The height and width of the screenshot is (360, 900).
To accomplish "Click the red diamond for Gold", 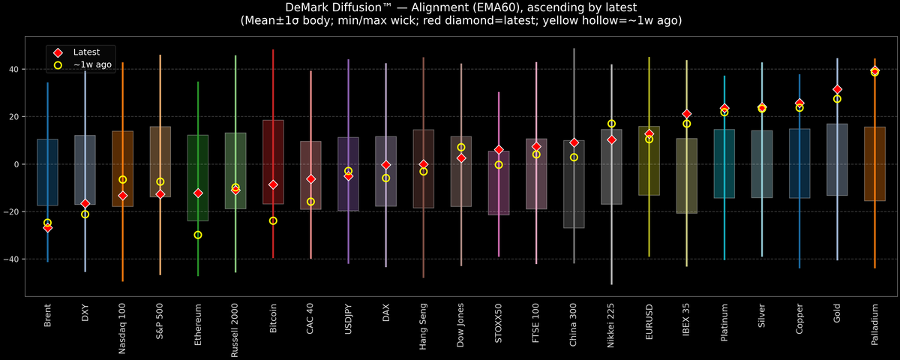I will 837,90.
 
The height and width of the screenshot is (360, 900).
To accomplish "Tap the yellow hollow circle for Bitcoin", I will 273,220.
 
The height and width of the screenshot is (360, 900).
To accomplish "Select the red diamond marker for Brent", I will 47,227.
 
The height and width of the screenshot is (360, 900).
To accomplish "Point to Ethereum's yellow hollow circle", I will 198,235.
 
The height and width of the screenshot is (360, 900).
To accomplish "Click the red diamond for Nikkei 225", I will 611,139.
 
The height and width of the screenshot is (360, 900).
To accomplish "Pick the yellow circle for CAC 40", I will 310,202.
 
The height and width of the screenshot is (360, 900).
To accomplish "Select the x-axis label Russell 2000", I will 235,328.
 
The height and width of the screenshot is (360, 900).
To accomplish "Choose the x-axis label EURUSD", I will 649,321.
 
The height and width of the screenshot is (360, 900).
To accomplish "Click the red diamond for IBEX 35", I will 686,114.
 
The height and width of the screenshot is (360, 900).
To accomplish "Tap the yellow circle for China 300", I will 574,157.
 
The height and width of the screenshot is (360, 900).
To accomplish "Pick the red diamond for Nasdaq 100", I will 123,196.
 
